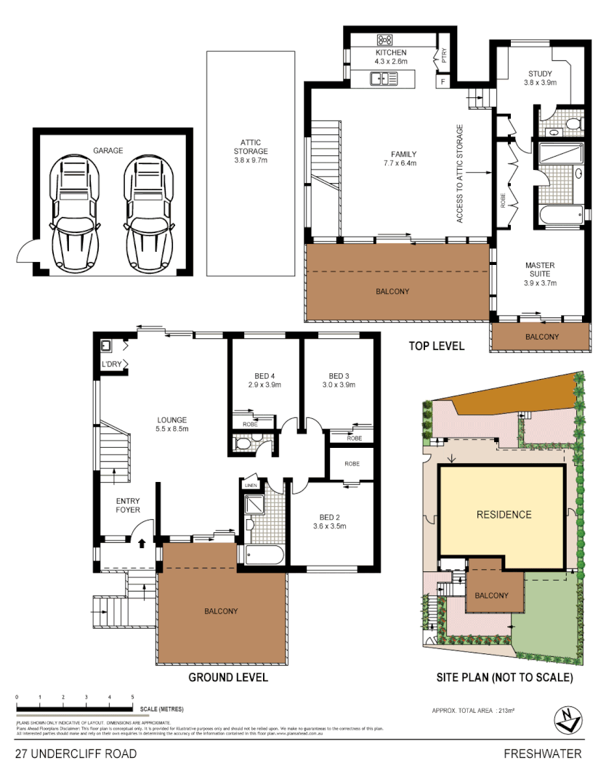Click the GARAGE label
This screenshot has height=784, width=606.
click(108, 151)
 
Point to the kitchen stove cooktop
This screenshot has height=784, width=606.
click(384, 40)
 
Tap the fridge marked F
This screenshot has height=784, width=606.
click(443, 81)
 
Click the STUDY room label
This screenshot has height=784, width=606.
click(540, 74)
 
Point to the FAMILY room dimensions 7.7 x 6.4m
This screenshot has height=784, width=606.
click(403, 163)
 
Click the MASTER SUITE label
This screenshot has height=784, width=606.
click(540, 270)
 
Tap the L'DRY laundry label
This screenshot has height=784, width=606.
click(111, 364)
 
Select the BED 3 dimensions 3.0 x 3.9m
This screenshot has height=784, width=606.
click(339, 385)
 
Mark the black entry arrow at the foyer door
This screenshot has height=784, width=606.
click(142, 542)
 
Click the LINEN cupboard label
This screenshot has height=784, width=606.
click(251, 485)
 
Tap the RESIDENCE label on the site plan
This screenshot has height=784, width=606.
click(504, 515)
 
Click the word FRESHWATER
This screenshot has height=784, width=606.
click(543, 754)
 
